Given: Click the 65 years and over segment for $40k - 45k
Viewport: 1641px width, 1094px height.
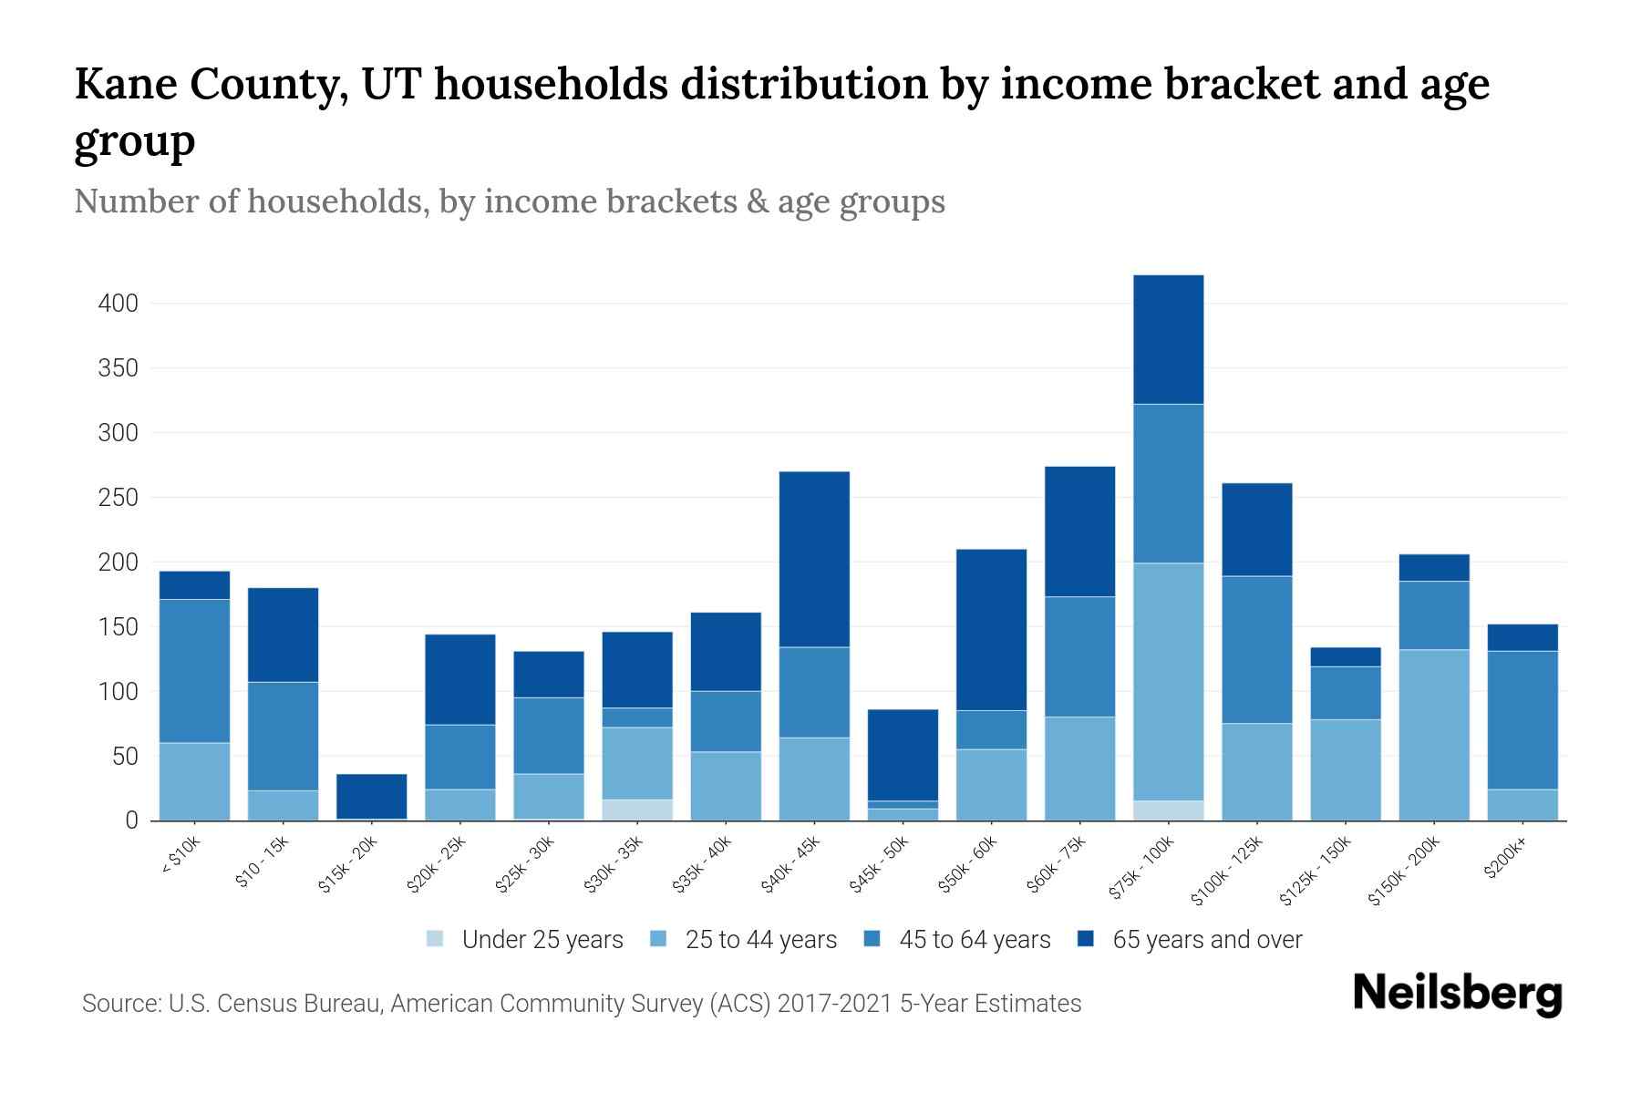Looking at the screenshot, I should click(x=814, y=559).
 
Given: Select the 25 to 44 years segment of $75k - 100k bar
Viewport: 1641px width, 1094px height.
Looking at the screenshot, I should click(x=1168, y=681).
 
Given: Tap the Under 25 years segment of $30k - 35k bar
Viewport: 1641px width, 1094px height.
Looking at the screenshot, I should click(x=637, y=810).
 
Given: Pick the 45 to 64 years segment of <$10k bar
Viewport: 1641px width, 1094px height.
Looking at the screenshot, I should click(x=194, y=670).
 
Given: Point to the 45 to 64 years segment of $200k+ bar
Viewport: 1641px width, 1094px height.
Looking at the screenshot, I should click(x=1522, y=719).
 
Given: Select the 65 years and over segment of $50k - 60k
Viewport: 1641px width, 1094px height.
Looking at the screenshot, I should click(x=991, y=629).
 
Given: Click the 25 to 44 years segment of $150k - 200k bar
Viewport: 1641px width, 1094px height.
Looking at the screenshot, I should click(x=1433, y=734).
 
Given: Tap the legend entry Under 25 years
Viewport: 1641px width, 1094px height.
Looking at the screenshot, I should click(x=525, y=940).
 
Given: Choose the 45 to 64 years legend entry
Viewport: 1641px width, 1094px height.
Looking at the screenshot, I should click(x=957, y=940).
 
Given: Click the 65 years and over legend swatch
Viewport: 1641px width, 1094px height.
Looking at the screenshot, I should click(x=1086, y=939).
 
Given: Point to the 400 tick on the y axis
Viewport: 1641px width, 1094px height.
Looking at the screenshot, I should click(x=119, y=304).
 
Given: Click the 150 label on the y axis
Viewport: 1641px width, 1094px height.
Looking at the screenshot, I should click(x=119, y=627).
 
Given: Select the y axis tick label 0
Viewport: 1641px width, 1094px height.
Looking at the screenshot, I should click(x=131, y=820).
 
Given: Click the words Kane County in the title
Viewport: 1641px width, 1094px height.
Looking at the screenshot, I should click(x=210, y=86).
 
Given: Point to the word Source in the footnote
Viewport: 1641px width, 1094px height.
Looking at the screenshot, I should click(x=119, y=1004).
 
